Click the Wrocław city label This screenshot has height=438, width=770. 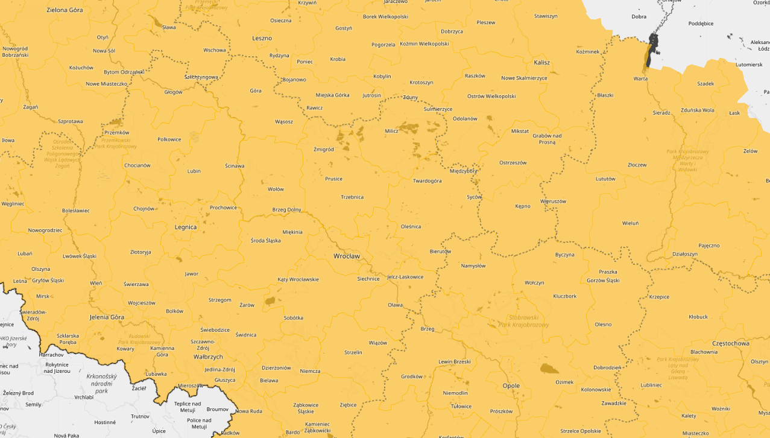tap(346, 256)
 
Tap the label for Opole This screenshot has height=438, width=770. tap(511, 386)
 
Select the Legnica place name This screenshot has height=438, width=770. tap(185, 227)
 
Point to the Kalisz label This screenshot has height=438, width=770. tap(541, 62)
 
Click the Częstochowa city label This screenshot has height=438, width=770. tap(730, 343)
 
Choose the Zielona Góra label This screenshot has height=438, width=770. tap(65, 10)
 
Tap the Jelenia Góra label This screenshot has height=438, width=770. tap(107, 317)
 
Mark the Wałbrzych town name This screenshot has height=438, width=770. tap(208, 357)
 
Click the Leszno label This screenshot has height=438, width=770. tap(262, 38)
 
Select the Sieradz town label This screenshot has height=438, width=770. tap(661, 113)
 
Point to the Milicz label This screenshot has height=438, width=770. tap(391, 131)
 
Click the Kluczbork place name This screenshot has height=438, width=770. tap(564, 296)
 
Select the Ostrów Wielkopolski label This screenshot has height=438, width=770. tap(491, 97)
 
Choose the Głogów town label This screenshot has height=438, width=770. tap(173, 92)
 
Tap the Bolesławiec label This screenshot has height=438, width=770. tap(75, 211)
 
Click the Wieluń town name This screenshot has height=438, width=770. tap(630, 223)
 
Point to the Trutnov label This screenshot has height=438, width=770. tap(140, 416)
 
